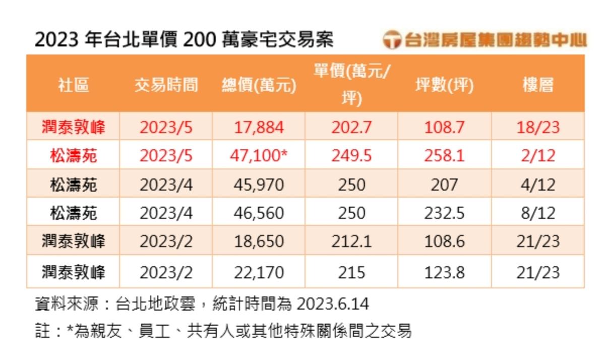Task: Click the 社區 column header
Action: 73,85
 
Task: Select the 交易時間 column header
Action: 166,85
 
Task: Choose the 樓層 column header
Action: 537,85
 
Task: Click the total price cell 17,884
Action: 259,127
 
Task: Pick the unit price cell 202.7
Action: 351,127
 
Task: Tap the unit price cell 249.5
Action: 351,156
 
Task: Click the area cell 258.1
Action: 444,156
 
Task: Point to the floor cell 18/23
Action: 537,127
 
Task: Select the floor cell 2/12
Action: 537,156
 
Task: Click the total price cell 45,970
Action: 259,185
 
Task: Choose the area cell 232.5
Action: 444,213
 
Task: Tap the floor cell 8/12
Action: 537,213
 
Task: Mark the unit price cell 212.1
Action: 351,242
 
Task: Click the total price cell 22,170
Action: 259,272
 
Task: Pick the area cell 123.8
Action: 444,272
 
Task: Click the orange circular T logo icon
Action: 391,40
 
